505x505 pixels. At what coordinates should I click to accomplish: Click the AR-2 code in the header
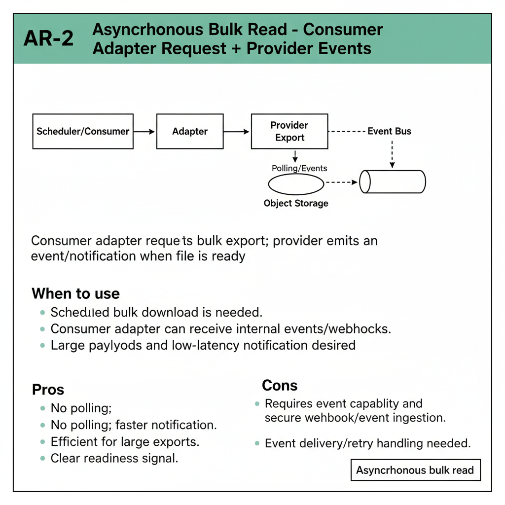pyautogui.click(x=48, y=38)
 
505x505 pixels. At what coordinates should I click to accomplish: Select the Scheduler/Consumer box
pyautogui.click(x=83, y=132)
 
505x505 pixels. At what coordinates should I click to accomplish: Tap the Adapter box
pyautogui.click(x=190, y=132)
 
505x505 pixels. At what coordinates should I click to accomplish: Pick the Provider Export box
pyautogui.click(x=289, y=132)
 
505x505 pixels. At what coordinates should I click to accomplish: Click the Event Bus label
pyautogui.click(x=389, y=131)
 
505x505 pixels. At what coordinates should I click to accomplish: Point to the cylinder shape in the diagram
pyautogui.click(x=393, y=182)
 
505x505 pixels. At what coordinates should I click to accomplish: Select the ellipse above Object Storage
pyautogui.click(x=296, y=184)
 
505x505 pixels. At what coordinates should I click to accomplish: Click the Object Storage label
pyautogui.click(x=296, y=203)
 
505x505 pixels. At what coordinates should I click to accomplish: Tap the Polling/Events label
pyautogui.click(x=299, y=168)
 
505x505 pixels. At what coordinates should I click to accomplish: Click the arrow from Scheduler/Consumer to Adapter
pyautogui.click(x=144, y=132)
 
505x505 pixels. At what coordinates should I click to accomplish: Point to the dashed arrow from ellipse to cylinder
pyautogui.click(x=341, y=182)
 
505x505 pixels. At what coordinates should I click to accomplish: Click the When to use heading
pyautogui.click(x=75, y=294)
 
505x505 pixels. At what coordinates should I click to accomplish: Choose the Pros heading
pyautogui.click(x=48, y=390)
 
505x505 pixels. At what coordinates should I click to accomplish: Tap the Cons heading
pyautogui.click(x=280, y=385)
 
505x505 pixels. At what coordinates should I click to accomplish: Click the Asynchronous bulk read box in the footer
pyautogui.click(x=415, y=470)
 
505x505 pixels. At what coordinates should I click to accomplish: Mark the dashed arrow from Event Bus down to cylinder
pyautogui.click(x=392, y=153)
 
